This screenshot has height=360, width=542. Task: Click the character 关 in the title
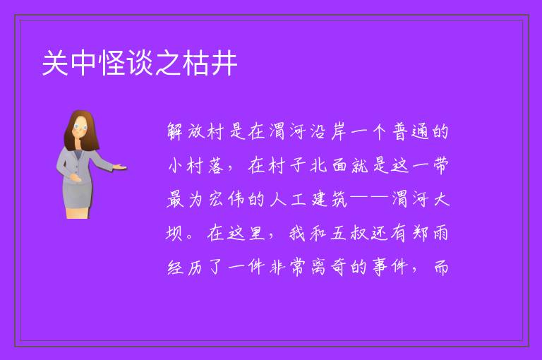tap(55, 63)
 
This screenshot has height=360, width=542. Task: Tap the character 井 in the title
tap(224, 63)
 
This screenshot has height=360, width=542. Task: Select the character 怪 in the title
tap(112, 63)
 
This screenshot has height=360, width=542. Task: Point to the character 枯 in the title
tap(197, 63)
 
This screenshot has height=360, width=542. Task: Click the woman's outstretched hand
tap(119, 167)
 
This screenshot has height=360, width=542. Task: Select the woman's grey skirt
tap(78, 195)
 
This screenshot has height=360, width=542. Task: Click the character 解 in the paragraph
tap(175, 132)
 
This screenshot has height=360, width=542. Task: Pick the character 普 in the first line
tap(400, 132)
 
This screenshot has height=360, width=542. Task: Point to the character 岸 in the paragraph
tap(339, 132)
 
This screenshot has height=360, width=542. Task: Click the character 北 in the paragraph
tap(318, 165)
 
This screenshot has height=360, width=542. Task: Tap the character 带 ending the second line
tap(441, 165)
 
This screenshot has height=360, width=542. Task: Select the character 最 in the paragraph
tap(175, 200)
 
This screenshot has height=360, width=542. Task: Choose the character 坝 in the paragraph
tap(174, 233)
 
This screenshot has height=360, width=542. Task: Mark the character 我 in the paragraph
tap(298, 233)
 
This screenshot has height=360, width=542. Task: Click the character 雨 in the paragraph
tap(441, 233)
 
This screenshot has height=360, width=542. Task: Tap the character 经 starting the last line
tap(175, 267)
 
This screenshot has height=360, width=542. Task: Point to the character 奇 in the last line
tap(339, 267)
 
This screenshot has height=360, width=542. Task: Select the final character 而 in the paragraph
tap(441, 267)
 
